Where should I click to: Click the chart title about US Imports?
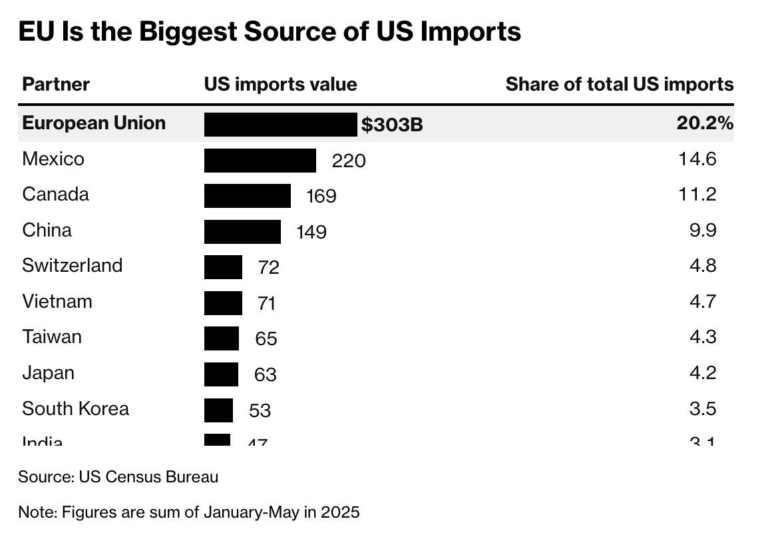click(270, 31)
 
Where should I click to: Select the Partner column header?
click(56, 85)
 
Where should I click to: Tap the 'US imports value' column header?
click(280, 85)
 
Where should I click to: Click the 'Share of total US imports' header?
click(619, 85)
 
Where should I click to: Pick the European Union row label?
click(94, 123)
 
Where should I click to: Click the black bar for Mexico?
click(260, 161)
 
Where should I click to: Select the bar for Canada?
click(247, 196)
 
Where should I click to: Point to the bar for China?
click(242, 231)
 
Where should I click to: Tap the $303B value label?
click(392, 125)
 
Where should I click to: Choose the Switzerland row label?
click(72, 265)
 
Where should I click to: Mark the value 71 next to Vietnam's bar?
click(266, 304)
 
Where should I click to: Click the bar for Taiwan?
click(221, 338)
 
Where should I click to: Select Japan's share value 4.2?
click(703, 372)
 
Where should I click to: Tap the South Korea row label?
click(75, 408)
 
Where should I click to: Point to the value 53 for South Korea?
click(260, 410)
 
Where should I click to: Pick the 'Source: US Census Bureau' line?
click(118, 477)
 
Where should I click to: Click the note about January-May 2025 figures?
click(188, 512)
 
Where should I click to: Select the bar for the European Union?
click(280, 125)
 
